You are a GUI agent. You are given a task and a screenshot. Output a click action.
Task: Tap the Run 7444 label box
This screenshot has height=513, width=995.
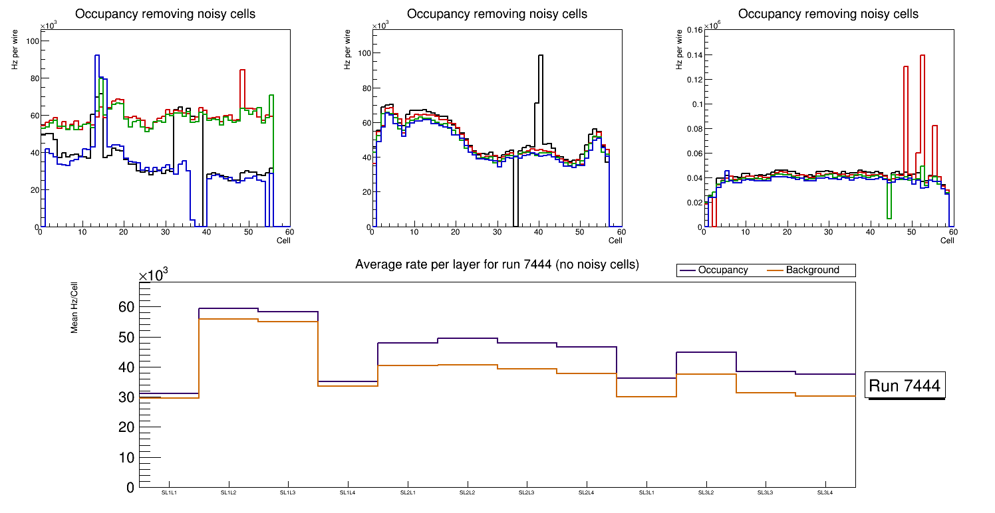click(x=905, y=386)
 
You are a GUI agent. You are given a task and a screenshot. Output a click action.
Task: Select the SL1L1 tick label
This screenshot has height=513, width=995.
click(x=169, y=493)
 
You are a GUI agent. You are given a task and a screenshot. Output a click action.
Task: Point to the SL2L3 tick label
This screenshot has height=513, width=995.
click(x=527, y=493)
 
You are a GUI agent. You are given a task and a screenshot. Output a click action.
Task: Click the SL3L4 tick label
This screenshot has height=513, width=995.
click(x=825, y=493)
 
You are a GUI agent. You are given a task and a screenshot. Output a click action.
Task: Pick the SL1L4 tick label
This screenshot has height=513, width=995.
click(x=348, y=493)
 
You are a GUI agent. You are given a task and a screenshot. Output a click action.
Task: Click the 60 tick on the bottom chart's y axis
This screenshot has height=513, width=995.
click(x=126, y=307)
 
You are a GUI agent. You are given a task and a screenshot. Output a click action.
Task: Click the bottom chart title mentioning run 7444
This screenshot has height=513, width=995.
click(x=497, y=264)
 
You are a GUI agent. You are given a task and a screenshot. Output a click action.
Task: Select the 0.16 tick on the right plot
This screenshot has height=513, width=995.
click(x=694, y=30)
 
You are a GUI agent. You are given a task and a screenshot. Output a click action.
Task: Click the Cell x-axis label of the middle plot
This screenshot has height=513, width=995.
click(x=616, y=240)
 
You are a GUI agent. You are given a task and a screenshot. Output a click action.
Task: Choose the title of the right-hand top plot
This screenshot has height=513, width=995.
click(x=828, y=14)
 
